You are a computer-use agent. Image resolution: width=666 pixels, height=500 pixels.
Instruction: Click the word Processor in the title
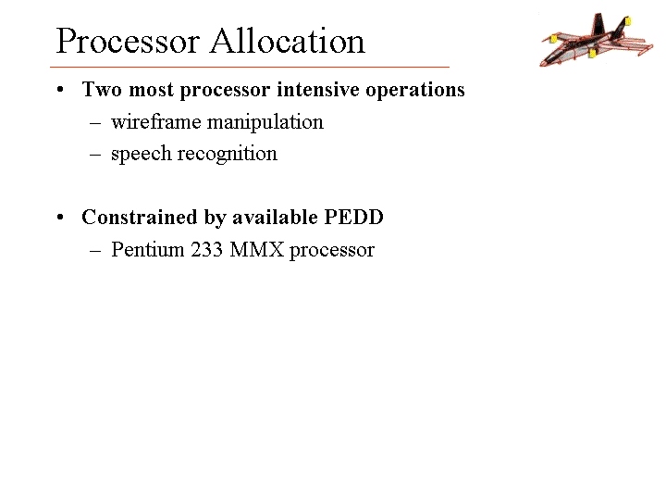click(x=128, y=42)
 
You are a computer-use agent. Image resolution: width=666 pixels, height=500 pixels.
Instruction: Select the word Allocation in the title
click(x=288, y=41)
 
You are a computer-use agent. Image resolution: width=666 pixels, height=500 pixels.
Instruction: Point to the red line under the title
click(x=250, y=67)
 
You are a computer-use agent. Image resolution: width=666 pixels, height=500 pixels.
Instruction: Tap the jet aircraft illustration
click(x=597, y=40)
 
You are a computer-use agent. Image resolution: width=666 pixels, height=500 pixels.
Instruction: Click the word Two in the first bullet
click(x=103, y=89)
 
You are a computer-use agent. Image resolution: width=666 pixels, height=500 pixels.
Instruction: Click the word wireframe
click(x=156, y=122)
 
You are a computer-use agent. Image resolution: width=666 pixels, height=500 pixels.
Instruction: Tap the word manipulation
click(x=265, y=123)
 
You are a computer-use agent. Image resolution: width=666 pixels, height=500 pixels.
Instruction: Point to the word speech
click(x=141, y=155)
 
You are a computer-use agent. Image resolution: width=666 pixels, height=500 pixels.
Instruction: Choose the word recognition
click(x=228, y=155)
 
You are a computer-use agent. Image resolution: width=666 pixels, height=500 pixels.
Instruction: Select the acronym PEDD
click(x=353, y=217)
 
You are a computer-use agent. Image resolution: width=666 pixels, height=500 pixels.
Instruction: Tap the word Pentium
click(x=148, y=249)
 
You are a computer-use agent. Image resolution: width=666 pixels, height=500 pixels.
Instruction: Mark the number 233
click(x=206, y=250)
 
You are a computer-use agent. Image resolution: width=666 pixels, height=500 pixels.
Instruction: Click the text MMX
click(x=256, y=250)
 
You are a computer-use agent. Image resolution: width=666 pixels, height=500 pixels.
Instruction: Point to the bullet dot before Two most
click(x=60, y=90)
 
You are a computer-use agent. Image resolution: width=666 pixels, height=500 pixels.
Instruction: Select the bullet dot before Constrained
click(x=60, y=218)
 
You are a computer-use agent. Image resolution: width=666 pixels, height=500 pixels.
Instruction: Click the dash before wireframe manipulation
click(x=95, y=123)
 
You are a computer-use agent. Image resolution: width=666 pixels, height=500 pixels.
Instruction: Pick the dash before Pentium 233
click(x=95, y=251)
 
